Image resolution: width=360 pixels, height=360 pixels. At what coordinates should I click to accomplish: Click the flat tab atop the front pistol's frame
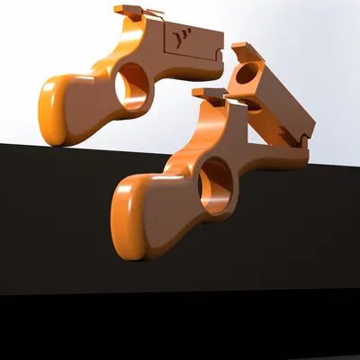209,92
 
